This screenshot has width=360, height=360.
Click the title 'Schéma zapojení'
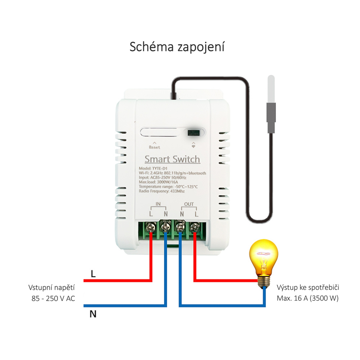(177, 47)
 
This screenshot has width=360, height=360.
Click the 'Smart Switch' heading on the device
(172, 159)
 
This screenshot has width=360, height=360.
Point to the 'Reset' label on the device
(154, 147)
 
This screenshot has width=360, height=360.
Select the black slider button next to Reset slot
(194, 132)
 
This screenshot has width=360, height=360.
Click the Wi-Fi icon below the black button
(194, 145)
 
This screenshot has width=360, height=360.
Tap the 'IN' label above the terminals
(158, 204)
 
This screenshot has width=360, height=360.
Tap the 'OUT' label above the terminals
(189, 204)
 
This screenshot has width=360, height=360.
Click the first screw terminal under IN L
(151, 227)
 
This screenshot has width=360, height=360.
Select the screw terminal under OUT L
(195, 227)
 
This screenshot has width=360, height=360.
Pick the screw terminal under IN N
(166, 227)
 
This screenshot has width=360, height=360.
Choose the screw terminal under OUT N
(180, 227)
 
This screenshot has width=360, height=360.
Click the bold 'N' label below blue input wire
(93, 314)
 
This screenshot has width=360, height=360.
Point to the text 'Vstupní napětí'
(52, 288)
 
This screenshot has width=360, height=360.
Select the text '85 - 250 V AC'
(53, 298)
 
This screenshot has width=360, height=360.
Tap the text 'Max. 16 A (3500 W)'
(308, 298)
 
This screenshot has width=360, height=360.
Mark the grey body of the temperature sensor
(271, 117)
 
